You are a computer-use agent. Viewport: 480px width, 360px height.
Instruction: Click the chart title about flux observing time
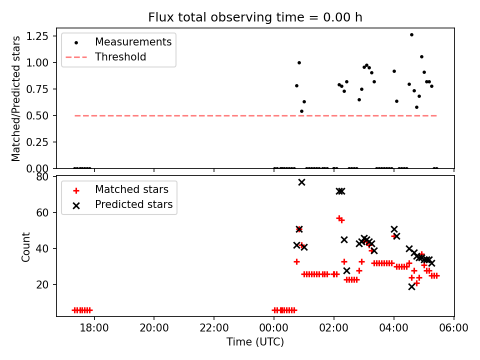[255, 17]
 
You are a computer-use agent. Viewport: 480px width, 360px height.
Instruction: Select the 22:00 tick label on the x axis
[214, 328]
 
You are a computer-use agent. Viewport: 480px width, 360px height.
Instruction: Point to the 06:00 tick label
[454, 328]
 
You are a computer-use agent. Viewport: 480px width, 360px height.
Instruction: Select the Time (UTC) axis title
[255, 342]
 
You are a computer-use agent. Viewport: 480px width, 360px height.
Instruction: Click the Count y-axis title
[25, 246]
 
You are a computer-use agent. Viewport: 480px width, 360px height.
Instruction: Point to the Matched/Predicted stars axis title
[16, 98]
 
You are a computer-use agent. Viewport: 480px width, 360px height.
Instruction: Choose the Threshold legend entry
[120, 57]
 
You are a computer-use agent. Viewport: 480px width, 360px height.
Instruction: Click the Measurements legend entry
[133, 41]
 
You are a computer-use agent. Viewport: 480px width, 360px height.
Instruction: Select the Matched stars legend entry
[131, 189]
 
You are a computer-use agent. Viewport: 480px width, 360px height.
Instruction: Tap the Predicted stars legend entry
[133, 204]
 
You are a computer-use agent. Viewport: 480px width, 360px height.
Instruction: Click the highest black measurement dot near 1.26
[411, 35]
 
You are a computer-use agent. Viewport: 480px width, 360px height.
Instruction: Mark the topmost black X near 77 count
[301, 182]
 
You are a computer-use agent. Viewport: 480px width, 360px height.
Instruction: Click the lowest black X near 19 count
[411, 286]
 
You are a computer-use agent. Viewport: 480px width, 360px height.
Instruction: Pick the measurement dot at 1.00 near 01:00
[299, 62]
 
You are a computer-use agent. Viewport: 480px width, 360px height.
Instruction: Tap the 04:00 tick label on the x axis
[394, 328]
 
